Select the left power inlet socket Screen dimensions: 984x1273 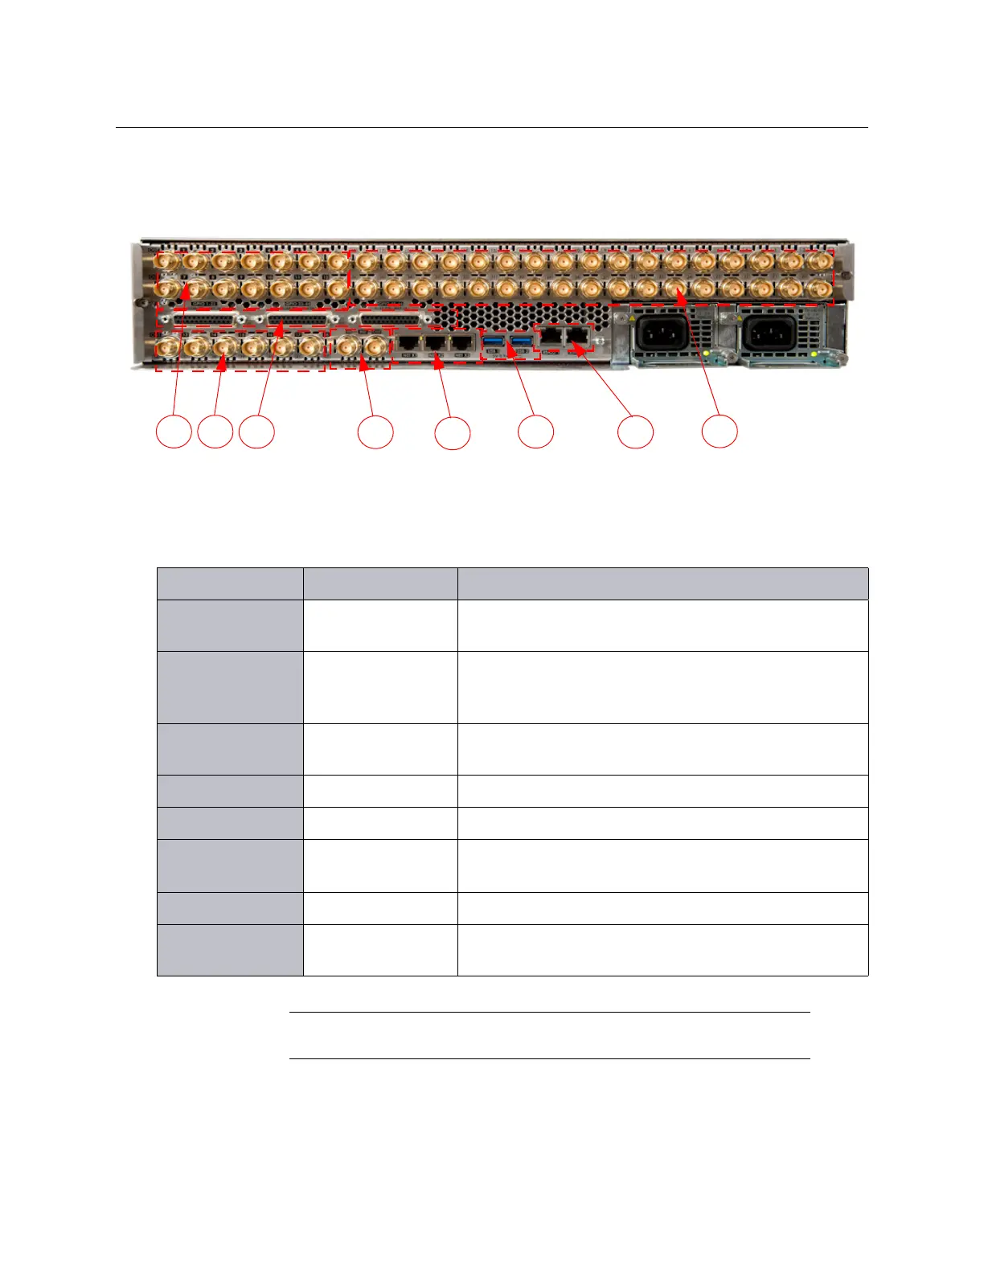pyautogui.click(x=662, y=332)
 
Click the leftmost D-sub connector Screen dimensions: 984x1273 pyautogui.click(x=205, y=319)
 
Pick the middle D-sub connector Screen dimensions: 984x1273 pyautogui.click(x=298, y=319)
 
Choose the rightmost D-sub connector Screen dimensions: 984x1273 pyautogui.click(x=392, y=319)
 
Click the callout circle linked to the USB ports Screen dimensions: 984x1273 pyautogui.click(x=536, y=432)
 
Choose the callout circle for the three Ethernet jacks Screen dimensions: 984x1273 pyautogui.click(x=453, y=432)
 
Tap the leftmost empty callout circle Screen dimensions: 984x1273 pyautogui.click(x=174, y=432)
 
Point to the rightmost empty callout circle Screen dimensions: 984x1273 pyautogui.click(x=720, y=432)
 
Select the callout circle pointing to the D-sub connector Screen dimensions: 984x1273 pyautogui.click(x=257, y=432)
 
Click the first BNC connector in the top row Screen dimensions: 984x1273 pyautogui.click(x=166, y=262)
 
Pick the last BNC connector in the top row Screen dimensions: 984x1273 pyautogui.click(x=819, y=262)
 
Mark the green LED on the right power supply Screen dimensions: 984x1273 pyautogui.click(x=814, y=354)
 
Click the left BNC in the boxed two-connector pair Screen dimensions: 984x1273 pyautogui.click(x=347, y=346)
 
